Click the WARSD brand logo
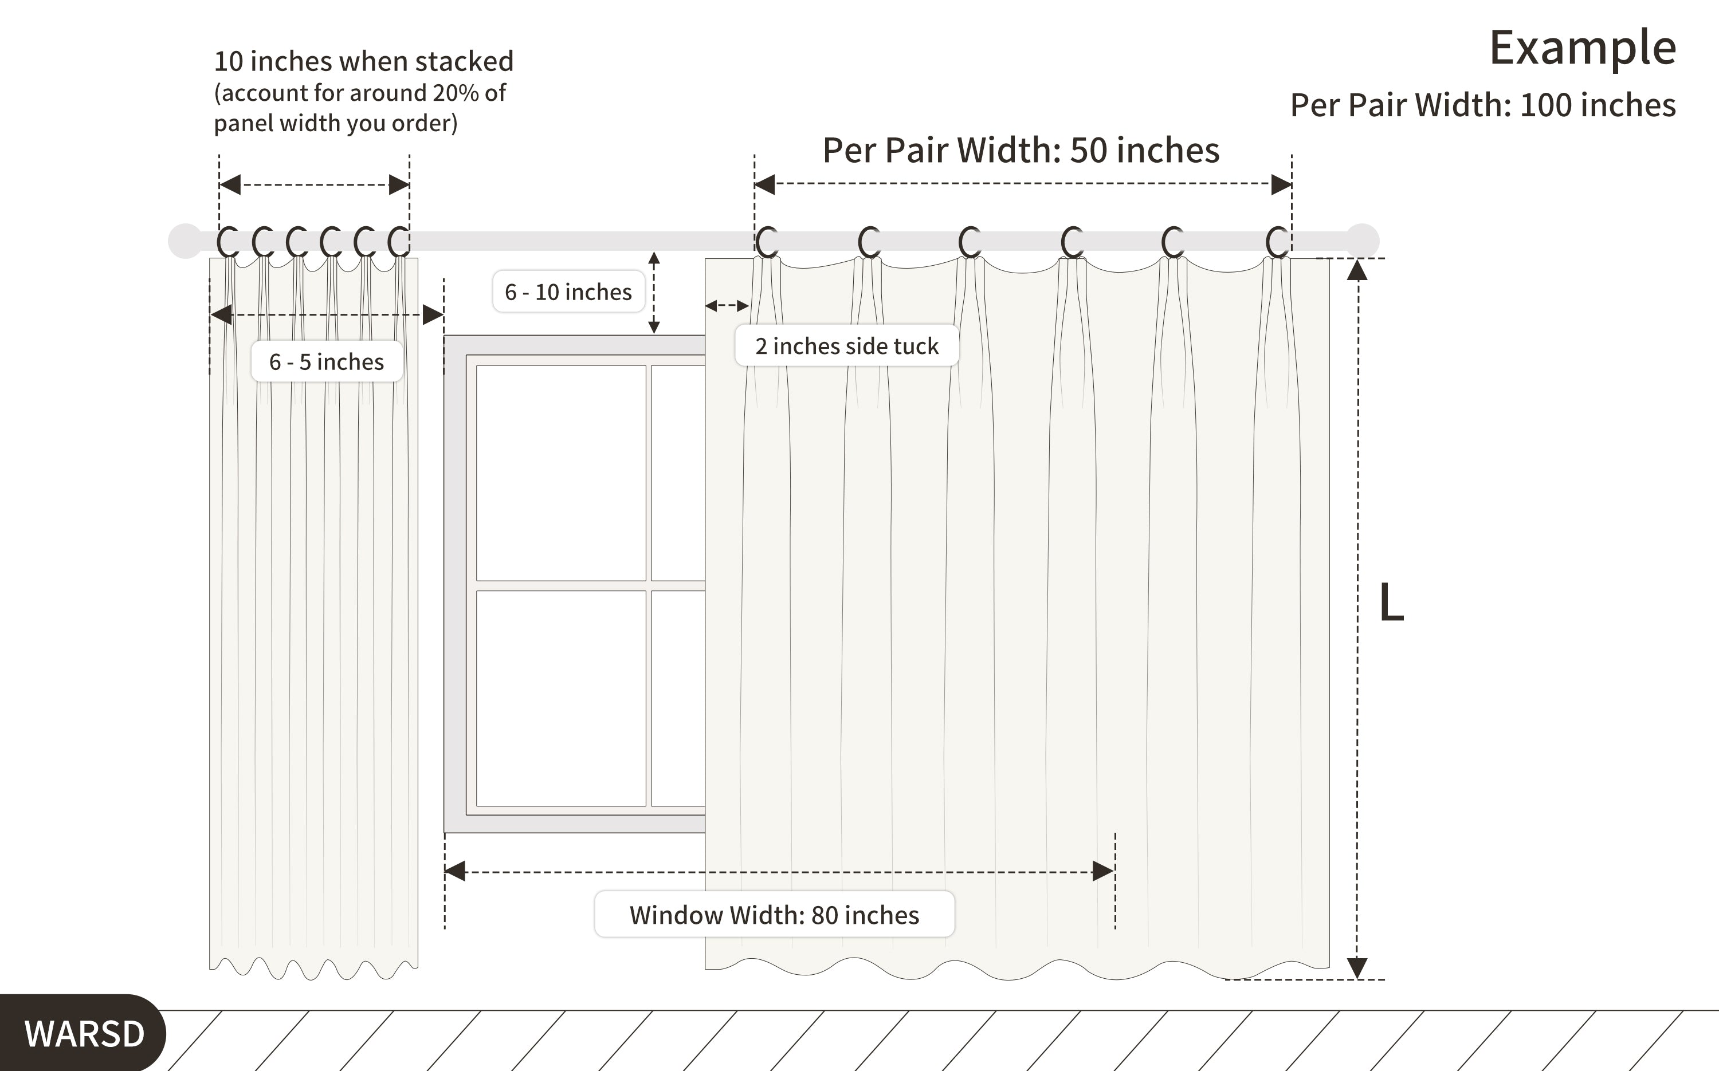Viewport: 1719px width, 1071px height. point(84,1033)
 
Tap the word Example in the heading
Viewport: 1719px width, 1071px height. point(1582,48)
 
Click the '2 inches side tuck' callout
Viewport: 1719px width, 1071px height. point(847,346)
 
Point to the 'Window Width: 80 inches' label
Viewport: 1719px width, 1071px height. point(775,915)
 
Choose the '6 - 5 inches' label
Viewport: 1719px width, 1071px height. point(327,361)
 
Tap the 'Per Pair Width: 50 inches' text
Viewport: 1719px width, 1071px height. point(1021,150)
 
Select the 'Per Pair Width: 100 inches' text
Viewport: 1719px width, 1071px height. point(1483,105)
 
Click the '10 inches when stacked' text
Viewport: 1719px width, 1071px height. point(363,62)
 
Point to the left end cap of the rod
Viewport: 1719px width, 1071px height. point(186,241)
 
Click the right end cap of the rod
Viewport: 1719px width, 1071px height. point(1361,241)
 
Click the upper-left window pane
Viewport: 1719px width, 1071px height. point(561,473)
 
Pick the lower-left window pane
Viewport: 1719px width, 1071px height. point(561,698)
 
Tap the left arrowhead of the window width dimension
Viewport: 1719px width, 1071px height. point(455,871)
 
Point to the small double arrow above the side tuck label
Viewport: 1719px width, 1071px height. point(727,306)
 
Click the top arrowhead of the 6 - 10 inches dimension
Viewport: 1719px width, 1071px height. point(654,258)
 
